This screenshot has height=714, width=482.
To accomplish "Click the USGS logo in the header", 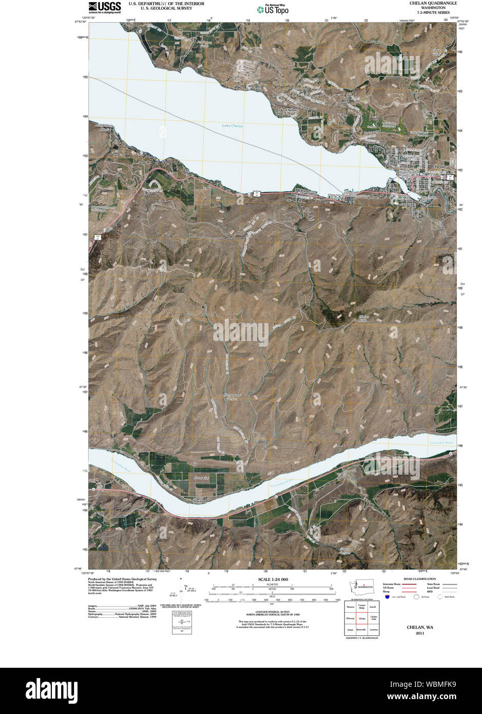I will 105,7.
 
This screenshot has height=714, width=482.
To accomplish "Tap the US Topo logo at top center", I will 273,9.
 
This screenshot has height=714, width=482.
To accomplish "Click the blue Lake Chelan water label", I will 233,126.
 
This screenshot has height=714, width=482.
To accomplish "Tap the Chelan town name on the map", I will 439,167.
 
